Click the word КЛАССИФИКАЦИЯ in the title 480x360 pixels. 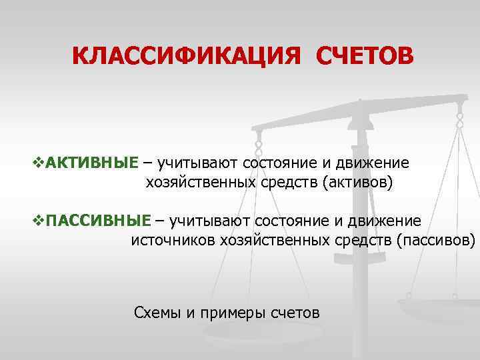coord(182,56)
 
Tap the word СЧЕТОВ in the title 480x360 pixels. coord(364,56)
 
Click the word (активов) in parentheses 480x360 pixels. coord(359,182)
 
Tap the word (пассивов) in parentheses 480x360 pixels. coord(435,239)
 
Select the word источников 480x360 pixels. coord(171,239)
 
